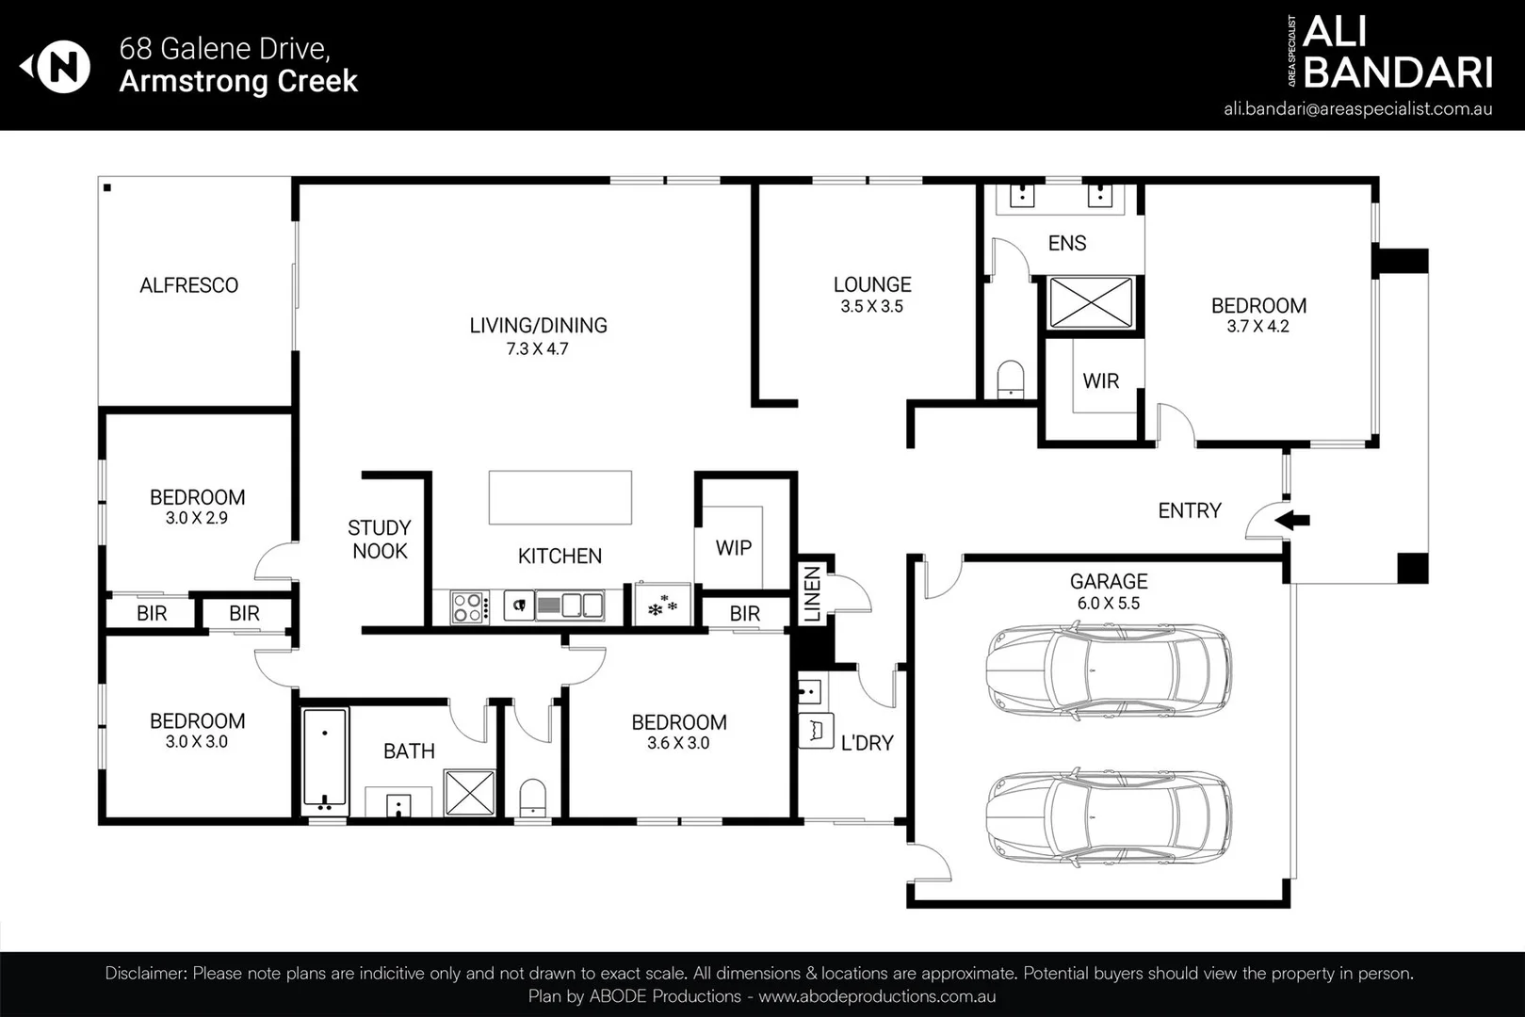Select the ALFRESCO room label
point(188,285)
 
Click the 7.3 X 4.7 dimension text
point(537,348)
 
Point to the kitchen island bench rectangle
point(560,497)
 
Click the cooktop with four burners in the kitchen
point(469,606)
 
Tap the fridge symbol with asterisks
point(662,605)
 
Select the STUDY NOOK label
point(380,540)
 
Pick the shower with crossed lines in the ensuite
point(1091,302)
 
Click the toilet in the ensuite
point(1010,379)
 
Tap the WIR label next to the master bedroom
point(1100,381)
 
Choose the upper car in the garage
point(1109,671)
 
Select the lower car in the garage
point(1109,817)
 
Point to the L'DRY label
point(867,743)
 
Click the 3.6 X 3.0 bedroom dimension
point(678,743)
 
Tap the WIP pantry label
point(733,548)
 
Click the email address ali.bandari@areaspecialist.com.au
point(1357,108)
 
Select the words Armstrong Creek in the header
point(238,81)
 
